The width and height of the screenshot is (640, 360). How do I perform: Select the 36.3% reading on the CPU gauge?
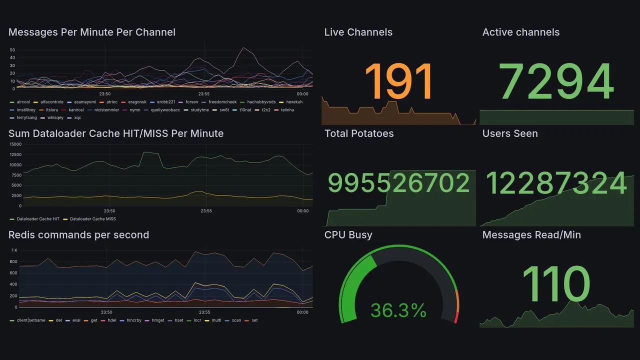coord(398,310)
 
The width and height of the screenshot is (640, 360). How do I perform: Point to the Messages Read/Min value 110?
coord(556,284)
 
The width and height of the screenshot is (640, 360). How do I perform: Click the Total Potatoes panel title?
coord(359,133)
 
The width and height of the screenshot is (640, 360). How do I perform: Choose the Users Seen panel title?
coord(510,133)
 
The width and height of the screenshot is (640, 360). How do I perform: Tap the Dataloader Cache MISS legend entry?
coord(91,219)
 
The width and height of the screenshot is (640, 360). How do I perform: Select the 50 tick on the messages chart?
coord(12,50)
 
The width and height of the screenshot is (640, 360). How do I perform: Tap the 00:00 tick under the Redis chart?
coord(302,312)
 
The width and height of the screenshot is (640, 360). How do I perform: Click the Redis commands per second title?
coord(78,235)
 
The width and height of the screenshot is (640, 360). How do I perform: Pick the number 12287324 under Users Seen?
coord(556,184)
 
